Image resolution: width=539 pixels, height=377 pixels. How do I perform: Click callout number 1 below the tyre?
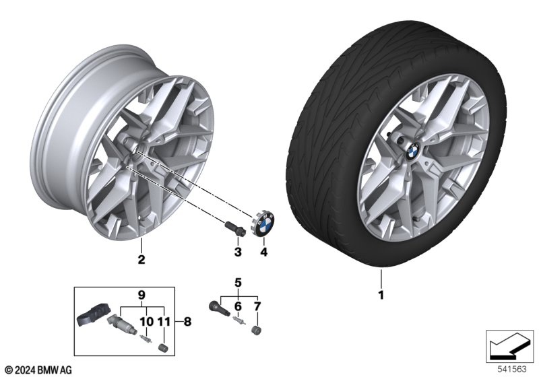point(381,295)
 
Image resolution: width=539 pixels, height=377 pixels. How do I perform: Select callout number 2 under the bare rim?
point(141,259)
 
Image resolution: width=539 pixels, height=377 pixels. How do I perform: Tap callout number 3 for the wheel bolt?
point(237,252)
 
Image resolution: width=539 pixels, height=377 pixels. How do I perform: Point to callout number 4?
point(264,252)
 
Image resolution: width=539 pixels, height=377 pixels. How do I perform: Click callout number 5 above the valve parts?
point(237,282)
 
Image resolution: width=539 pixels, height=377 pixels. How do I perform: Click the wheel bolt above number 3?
point(232,227)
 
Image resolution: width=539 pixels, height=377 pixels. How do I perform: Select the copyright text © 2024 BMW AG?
point(38,370)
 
